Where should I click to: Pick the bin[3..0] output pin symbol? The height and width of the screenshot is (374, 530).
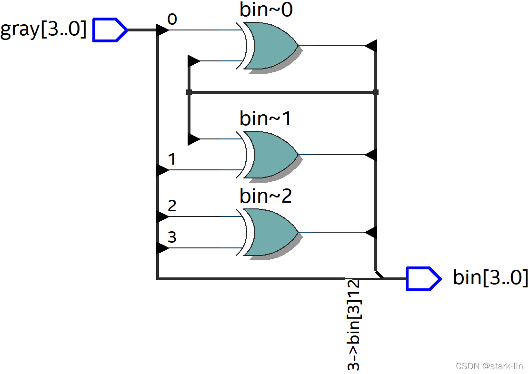pyautogui.click(x=423, y=278)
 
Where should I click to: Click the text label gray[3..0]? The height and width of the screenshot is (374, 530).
pyautogui.click(x=43, y=30)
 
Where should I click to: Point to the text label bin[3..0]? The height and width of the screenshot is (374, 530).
pyautogui.click(x=490, y=278)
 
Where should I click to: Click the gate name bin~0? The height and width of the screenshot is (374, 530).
pyautogui.click(x=266, y=10)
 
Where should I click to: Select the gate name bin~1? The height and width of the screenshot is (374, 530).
pyautogui.click(x=266, y=118)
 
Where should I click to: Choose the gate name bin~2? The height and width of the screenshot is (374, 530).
pyautogui.click(x=266, y=196)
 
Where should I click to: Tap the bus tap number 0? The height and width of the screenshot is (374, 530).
pyautogui.click(x=172, y=19)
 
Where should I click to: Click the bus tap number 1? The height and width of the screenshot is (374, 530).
pyautogui.click(x=172, y=159)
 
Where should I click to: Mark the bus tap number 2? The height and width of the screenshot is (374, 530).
pyautogui.click(x=172, y=206)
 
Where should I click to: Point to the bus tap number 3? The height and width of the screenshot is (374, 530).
pyautogui.click(x=172, y=237)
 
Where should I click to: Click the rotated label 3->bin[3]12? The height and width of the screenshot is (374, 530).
pyautogui.click(x=354, y=325)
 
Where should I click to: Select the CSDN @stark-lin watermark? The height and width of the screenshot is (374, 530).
pyautogui.click(x=489, y=366)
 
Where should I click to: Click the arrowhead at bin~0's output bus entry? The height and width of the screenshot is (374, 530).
pyautogui.click(x=371, y=46)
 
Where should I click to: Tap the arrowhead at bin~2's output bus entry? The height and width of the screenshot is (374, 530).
pyautogui.click(x=371, y=232)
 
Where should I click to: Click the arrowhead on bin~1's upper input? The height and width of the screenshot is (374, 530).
pyautogui.click(x=194, y=139)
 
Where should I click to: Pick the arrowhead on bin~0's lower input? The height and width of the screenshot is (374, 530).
pyautogui.click(x=194, y=61)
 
